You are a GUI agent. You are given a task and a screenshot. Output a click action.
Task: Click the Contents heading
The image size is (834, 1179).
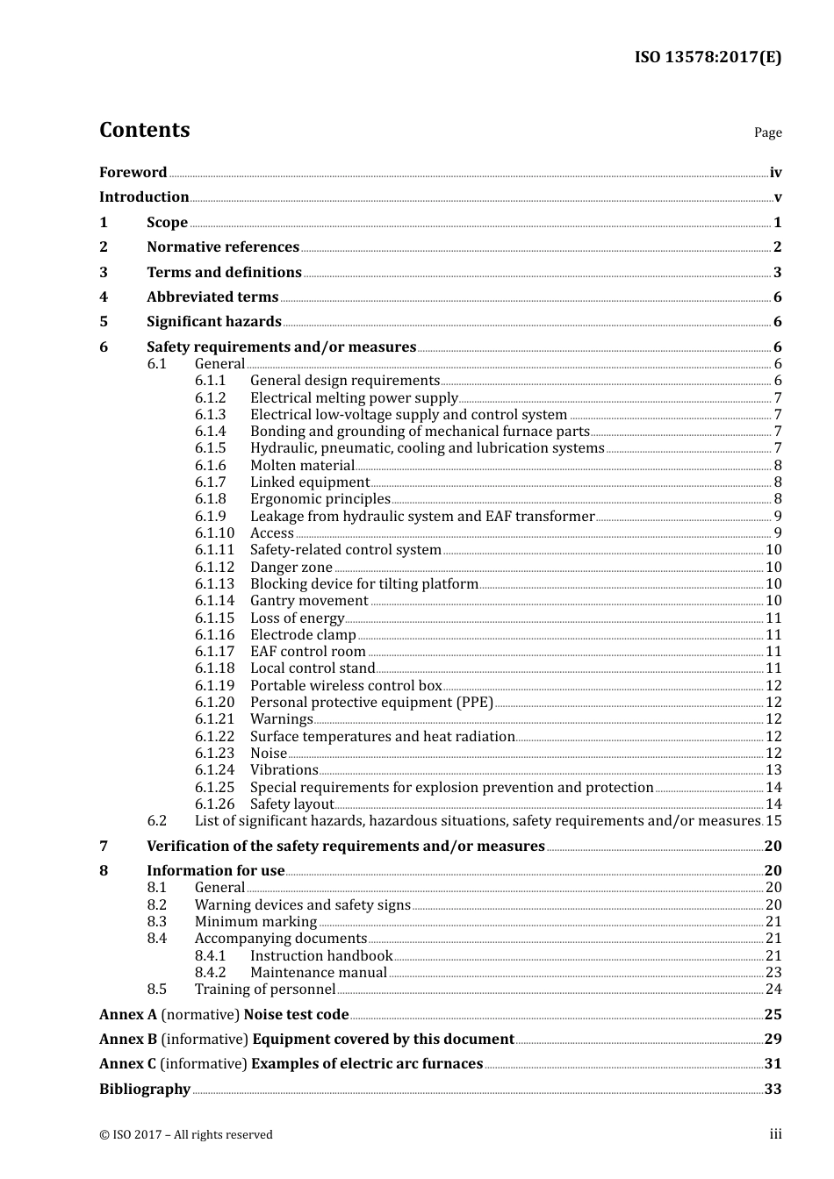coord(144,130)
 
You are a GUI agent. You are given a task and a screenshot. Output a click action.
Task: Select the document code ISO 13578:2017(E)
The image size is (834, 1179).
coord(708,57)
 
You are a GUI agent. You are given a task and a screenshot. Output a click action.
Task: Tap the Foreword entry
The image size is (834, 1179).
coord(133,173)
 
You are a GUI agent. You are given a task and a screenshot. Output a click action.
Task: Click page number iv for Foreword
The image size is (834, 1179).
coord(775,173)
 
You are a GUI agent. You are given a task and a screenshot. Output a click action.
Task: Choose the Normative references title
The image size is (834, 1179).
coord(223,247)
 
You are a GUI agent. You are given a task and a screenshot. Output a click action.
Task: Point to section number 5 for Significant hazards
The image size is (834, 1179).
coord(104,322)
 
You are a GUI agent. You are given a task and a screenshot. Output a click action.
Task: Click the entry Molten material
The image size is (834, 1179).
coord(302,466)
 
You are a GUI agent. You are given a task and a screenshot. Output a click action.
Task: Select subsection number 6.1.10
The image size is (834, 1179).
coord(214,533)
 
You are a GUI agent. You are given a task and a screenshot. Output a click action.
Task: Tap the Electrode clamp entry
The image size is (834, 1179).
coord(303,635)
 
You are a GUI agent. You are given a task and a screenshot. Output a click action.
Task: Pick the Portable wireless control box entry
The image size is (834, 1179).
coord(346,686)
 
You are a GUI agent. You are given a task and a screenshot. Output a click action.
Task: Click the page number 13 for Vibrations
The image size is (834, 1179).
coord(773,770)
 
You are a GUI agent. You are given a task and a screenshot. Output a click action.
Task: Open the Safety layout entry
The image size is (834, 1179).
coord(291,804)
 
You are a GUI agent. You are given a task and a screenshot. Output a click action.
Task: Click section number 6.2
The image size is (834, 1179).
coord(156,821)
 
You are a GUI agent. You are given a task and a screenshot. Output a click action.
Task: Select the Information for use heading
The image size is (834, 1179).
coord(215,871)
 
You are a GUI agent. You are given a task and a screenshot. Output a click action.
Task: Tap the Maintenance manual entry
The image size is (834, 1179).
coord(318,973)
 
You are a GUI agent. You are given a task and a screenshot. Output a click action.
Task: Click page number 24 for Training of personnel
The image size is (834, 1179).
coord(773,990)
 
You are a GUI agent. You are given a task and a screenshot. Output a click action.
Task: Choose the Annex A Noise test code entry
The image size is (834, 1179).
coord(224,1015)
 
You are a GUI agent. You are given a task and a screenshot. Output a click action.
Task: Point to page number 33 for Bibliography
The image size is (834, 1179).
coord(773,1090)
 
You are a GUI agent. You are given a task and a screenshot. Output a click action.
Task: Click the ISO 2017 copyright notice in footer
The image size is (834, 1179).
coord(186,1135)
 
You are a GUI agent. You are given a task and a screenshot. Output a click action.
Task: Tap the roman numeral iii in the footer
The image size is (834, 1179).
coord(775,1135)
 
